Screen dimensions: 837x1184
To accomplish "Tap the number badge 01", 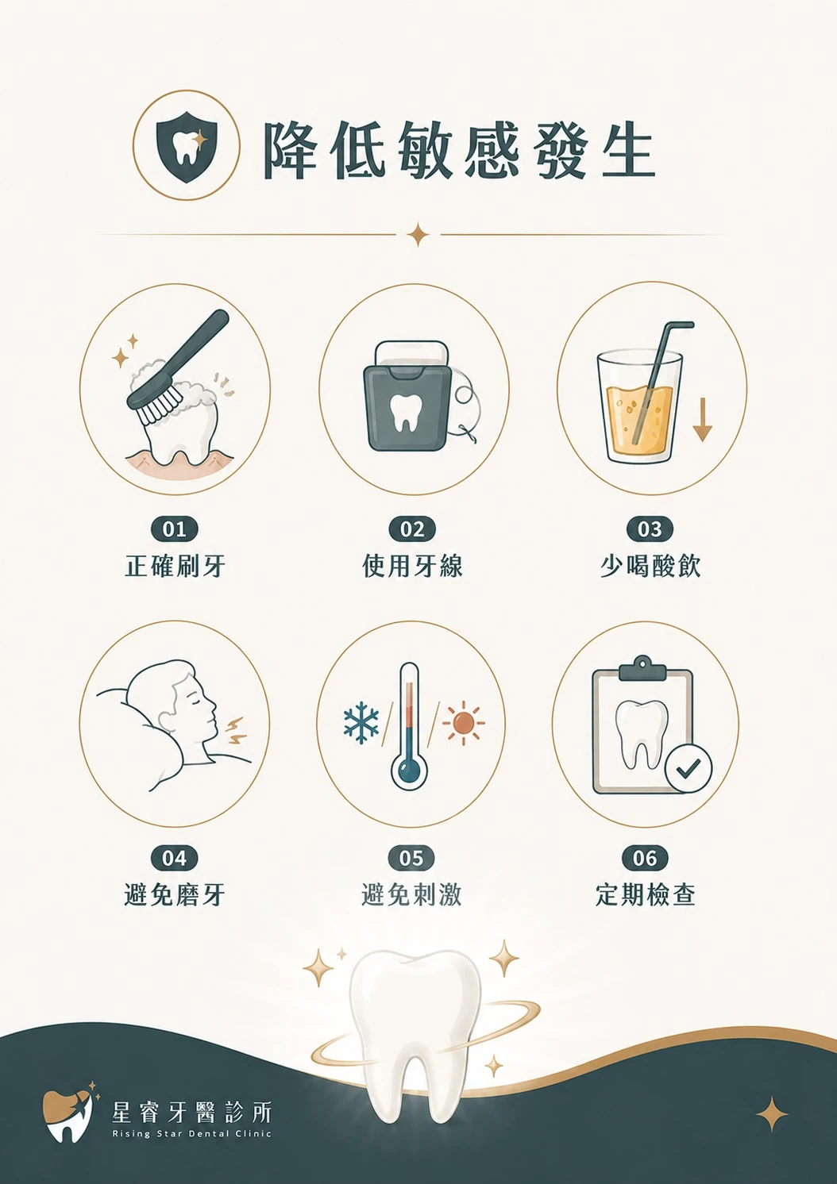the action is click(174, 529).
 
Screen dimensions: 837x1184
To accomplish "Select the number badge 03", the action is click(650, 529).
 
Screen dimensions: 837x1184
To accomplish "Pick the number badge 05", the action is click(411, 858).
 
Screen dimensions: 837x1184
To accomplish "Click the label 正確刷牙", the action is click(175, 566).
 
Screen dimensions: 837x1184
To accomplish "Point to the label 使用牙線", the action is click(412, 566).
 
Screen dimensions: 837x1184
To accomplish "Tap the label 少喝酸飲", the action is click(650, 566).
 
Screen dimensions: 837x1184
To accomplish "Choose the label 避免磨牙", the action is click(175, 894).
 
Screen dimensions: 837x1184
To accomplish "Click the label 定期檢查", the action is click(645, 894).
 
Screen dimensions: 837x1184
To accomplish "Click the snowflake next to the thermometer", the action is click(361, 723).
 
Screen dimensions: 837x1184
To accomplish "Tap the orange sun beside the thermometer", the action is click(464, 723).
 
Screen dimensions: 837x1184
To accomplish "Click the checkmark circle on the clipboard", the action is click(688, 768).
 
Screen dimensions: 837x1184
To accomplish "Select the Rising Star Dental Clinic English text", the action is click(191, 1133).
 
